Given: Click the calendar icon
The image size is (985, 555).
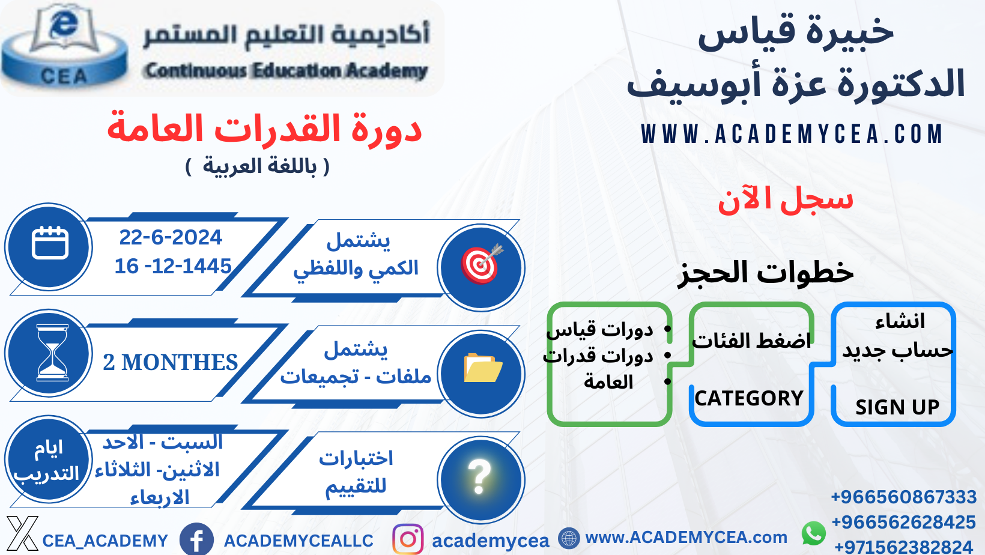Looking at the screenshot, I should pos(50,244).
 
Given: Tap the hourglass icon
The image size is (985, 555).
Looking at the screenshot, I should pos(52,353).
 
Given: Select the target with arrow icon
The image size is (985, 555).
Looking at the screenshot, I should pos(481,264).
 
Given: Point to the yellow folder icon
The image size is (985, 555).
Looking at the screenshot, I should pos(482,368).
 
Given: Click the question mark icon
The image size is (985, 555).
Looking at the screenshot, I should pos(480,478).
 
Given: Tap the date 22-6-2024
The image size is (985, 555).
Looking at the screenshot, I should pos(171,237).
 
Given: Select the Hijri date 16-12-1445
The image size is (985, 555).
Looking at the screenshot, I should pos(173,265).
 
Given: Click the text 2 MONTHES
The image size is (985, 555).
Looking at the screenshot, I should pos(171,362).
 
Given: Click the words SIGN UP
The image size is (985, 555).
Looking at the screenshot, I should pos(897,407).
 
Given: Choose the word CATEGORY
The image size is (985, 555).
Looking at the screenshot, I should pos(749,398).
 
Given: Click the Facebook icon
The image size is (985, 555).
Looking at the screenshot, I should pos(196,539).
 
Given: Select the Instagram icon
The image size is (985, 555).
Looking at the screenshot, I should pos(408,539).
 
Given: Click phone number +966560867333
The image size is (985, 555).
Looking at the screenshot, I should pos(903,497).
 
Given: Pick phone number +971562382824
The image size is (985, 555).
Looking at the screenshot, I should pos(903,547).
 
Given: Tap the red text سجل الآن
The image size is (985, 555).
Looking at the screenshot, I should pos(785,199).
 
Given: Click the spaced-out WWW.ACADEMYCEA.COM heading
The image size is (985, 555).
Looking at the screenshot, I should pos(792,134).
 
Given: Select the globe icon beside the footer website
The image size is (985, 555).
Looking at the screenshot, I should pos(568,538).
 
